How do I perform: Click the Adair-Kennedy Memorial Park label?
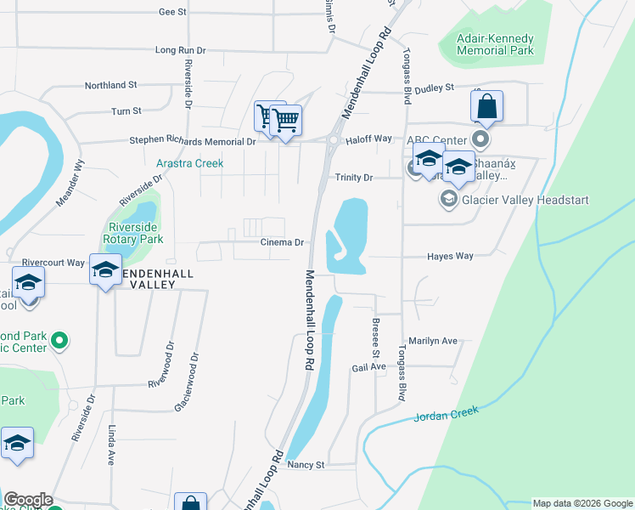(x=495, y=44)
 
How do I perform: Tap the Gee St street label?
(x=171, y=12)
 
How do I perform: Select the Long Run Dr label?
(x=180, y=50)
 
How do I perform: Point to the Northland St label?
(x=110, y=85)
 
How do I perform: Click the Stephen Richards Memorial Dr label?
(x=192, y=141)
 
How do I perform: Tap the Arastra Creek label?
(x=189, y=162)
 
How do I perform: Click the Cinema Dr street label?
(x=282, y=242)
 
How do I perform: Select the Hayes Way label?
(x=450, y=256)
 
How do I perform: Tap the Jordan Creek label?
(x=447, y=414)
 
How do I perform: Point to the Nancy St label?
(x=306, y=465)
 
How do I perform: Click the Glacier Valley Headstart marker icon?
(x=447, y=200)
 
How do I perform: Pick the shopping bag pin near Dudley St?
(x=486, y=108)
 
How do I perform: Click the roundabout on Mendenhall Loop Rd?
(x=334, y=141)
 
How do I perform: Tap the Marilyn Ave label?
(x=433, y=341)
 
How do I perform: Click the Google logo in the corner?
(x=28, y=500)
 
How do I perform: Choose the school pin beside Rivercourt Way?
(x=105, y=271)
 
